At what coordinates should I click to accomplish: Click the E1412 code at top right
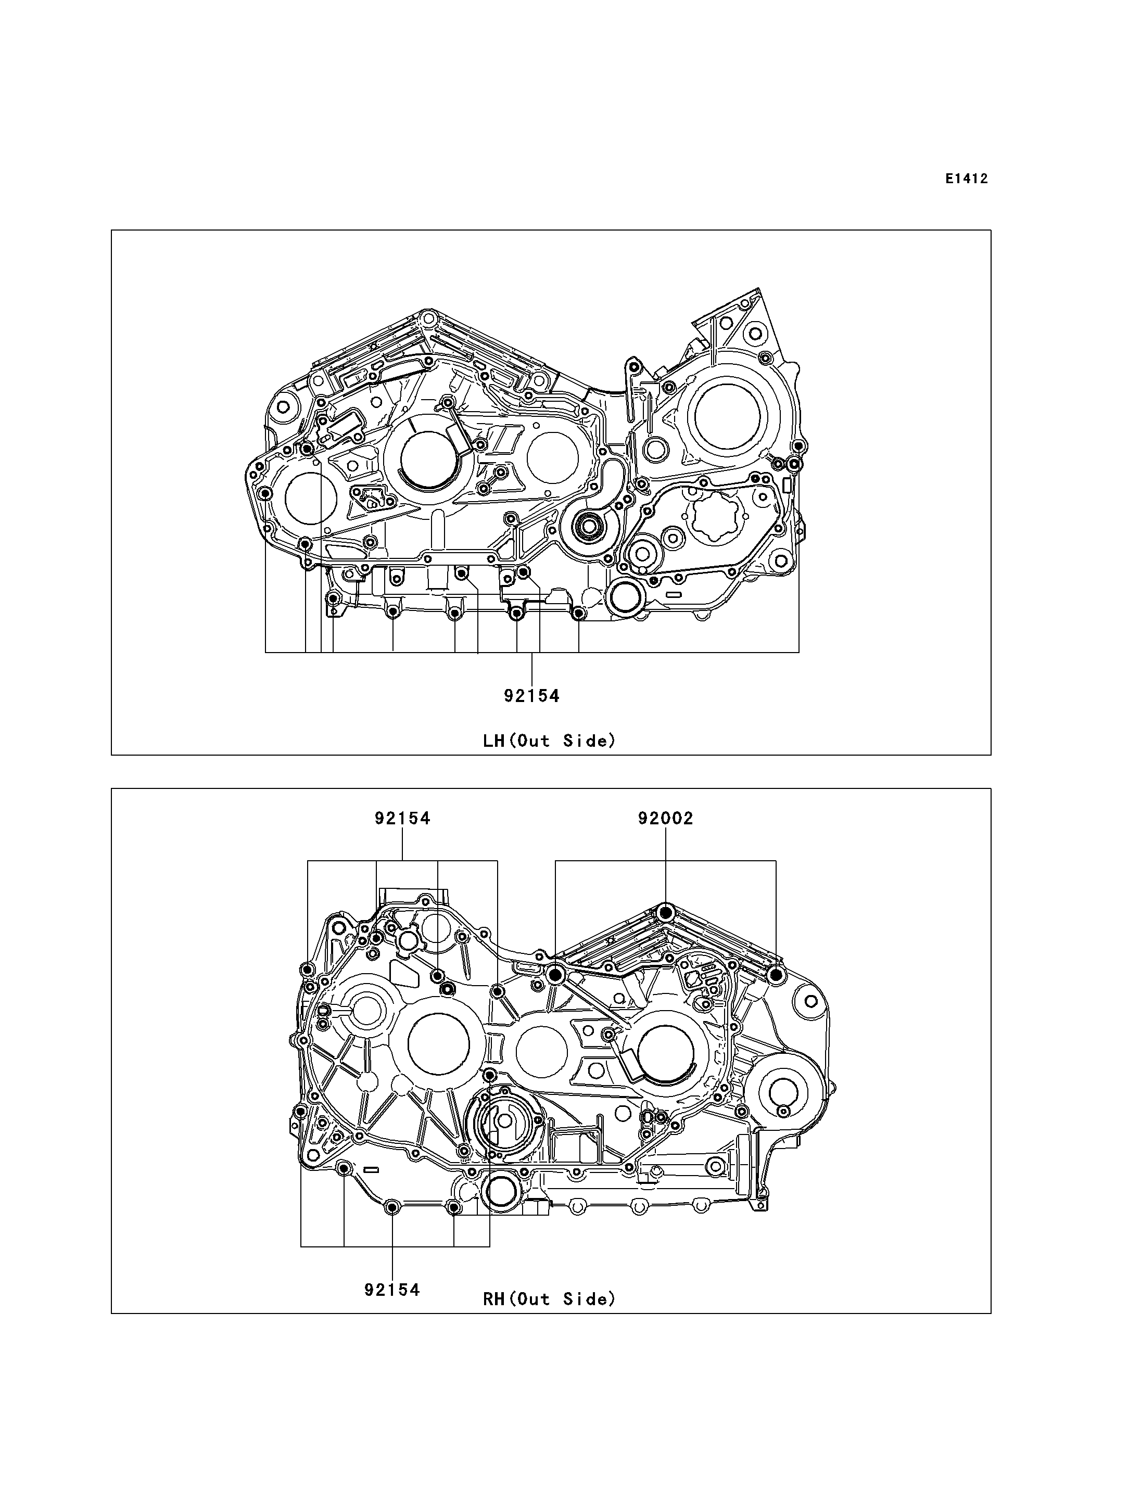point(967,180)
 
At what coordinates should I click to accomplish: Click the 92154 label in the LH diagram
point(532,696)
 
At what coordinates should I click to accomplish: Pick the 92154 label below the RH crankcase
point(392,1290)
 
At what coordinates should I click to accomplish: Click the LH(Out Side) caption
point(550,741)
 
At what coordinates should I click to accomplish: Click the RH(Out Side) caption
point(550,1299)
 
